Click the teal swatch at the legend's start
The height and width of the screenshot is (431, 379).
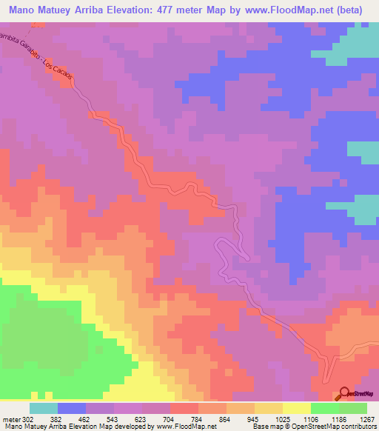pyautogui.click(x=43, y=409)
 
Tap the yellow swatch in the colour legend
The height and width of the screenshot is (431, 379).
pyautogui.click(x=296, y=409)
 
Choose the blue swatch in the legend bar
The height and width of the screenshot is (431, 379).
pyautogui.click(x=71, y=409)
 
